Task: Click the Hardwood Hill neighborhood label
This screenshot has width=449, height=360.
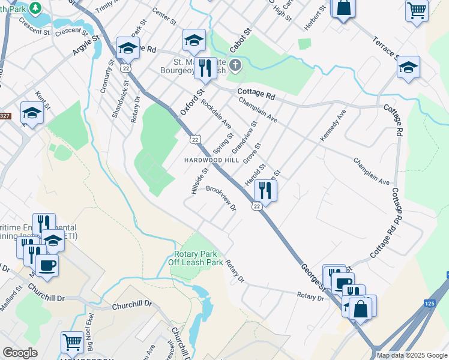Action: coord(211,161)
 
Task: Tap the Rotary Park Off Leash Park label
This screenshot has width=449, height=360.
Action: coord(195,258)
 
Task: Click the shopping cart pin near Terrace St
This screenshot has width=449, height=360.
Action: coord(417,10)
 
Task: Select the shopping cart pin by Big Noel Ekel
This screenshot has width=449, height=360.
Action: coord(72,342)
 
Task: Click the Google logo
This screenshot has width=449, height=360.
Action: coord(20,353)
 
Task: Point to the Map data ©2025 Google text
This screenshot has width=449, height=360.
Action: coord(411,355)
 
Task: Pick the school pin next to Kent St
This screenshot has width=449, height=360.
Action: coord(32,112)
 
